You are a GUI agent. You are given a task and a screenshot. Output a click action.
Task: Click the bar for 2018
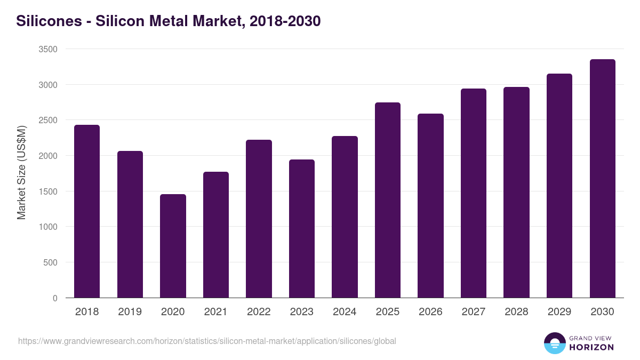[87, 211]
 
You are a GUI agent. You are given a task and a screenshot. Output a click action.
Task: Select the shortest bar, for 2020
[173, 246]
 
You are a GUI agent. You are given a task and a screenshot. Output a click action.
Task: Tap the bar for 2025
[387, 200]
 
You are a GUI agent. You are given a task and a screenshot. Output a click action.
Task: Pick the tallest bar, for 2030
[602, 179]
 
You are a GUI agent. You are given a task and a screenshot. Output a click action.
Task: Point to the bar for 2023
[301, 228]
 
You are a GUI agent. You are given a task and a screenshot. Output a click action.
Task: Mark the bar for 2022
[259, 219]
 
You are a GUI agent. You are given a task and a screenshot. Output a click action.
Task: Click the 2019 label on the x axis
[130, 312]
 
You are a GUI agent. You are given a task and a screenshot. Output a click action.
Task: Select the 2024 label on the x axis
[345, 312]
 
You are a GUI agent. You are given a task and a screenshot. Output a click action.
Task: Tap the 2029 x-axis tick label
[559, 312]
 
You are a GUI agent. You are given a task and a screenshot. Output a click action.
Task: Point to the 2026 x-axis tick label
[430, 312]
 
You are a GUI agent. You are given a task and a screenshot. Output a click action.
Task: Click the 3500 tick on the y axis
[48, 49]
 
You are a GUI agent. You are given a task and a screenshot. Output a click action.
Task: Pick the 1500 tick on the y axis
[48, 191]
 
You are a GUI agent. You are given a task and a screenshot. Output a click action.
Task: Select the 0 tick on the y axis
[55, 298]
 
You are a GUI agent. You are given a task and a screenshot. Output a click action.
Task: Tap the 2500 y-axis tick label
[48, 121]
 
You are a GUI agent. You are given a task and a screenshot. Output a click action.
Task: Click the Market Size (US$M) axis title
[21, 172]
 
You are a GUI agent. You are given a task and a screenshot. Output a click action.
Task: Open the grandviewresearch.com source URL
[207, 341]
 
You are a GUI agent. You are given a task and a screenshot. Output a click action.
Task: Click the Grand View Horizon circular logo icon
[554, 343]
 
